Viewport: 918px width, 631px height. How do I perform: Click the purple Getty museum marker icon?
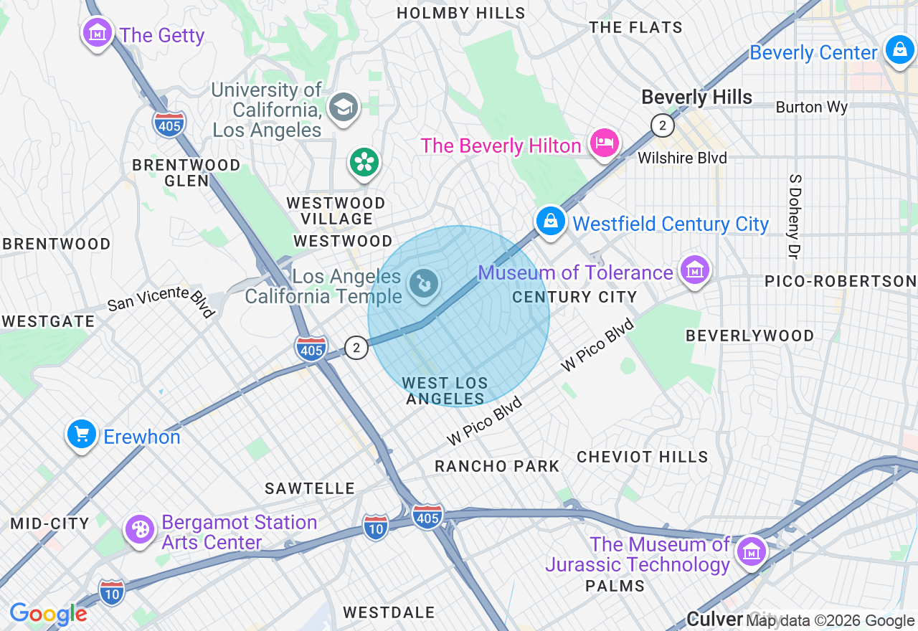pos(98,33)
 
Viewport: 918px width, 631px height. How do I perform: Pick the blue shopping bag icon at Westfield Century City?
pos(550,222)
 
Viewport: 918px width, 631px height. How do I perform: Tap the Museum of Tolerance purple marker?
pos(694,270)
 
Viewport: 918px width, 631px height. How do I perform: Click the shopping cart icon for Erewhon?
pos(82,435)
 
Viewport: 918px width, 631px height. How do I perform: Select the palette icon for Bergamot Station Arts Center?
pos(139,530)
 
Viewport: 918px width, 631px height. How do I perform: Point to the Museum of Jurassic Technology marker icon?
pos(752,551)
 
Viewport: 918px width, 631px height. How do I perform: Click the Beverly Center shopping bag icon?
pos(898,50)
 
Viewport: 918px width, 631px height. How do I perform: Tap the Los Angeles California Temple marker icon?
pos(423,284)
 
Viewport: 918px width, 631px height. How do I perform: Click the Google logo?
pos(48,615)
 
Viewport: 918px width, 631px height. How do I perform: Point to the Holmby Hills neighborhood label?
pos(461,13)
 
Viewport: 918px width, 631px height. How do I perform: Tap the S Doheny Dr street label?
pos(795,216)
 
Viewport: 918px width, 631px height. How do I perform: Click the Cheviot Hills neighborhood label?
pos(643,457)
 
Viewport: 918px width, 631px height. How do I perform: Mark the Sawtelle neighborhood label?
pos(310,488)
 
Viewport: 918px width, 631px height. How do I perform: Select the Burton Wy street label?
pos(812,108)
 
